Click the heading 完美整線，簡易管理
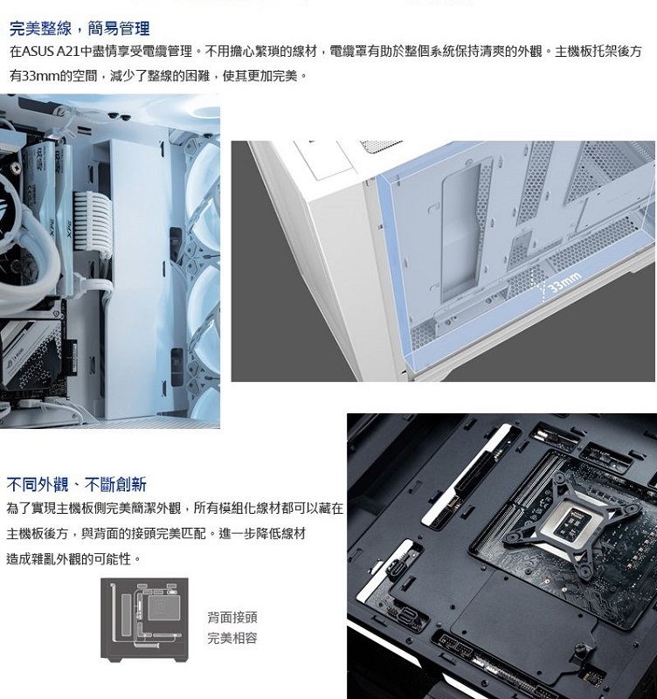click(80, 29)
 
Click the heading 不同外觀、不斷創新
click(76, 484)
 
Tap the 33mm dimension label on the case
click(564, 282)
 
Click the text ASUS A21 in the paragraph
click(51, 52)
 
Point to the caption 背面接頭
click(232, 618)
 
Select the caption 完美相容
click(232, 638)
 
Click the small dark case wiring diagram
click(144, 619)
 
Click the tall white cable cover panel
click(134, 279)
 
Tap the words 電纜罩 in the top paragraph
click(349, 52)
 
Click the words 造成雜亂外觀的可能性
click(69, 558)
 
